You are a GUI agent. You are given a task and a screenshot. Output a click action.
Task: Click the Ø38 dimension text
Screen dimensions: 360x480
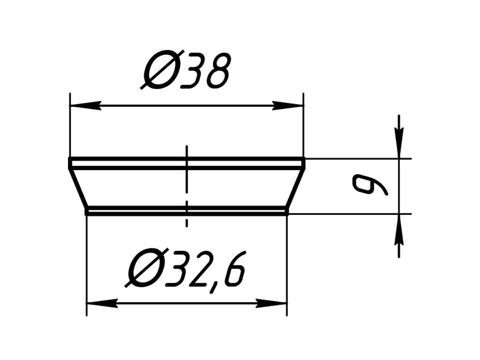pos(186,71)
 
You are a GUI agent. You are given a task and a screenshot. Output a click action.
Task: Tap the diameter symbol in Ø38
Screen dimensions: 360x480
pos(160,71)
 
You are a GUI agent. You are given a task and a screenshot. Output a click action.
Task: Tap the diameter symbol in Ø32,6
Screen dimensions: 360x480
pos(144,269)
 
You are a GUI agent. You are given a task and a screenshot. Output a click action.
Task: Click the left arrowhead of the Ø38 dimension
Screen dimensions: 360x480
pos(84,106)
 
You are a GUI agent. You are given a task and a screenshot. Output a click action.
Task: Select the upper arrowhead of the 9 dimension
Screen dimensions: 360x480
pos(399,144)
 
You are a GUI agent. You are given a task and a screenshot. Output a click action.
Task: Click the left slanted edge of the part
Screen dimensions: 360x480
pos(78,188)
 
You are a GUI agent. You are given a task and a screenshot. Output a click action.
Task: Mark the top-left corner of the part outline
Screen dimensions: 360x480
pos(70,159)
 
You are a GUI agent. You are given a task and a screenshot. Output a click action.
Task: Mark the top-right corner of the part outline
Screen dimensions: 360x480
pos(304,159)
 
